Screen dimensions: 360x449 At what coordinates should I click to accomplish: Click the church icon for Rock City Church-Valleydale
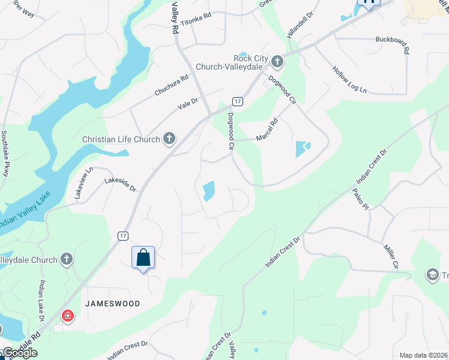(x=277, y=61)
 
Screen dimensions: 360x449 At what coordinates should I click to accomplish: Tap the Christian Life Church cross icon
(x=170, y=139)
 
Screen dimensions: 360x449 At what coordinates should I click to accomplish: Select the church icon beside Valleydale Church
(x=67, y=260)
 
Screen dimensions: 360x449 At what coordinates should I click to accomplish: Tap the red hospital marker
(x=68, y=316)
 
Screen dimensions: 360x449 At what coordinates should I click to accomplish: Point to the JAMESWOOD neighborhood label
(x=112, y=304)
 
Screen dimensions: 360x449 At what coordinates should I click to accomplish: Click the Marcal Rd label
(x=267, y=130)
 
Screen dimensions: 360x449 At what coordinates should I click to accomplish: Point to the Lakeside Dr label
(x=121, y=184)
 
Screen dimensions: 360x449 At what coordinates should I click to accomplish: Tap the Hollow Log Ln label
(x=349, y=79)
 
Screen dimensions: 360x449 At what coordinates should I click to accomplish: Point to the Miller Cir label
(x=391, y=256)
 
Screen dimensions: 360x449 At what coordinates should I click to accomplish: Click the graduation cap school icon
(x=432, y=275)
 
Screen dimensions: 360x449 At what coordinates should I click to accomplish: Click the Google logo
(x=19, y=353)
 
